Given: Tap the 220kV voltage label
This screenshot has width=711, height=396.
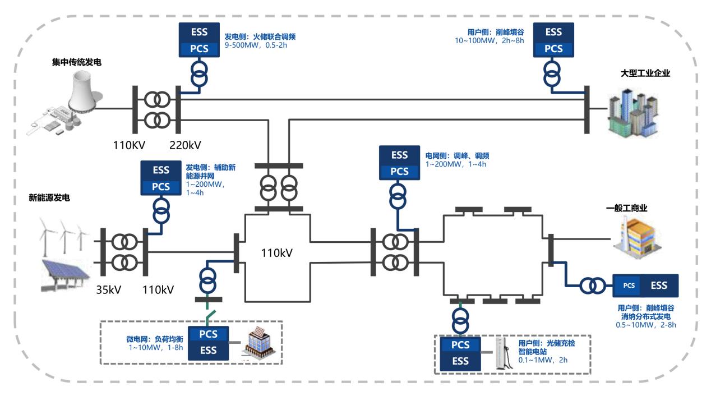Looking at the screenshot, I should pos(185,146).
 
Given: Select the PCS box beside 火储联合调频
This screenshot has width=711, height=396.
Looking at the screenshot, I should pos(193,48).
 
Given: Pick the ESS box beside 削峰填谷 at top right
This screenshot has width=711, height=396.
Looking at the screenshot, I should pos(553,33).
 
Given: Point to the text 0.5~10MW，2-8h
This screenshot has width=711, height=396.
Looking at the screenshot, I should pos(646,325).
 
